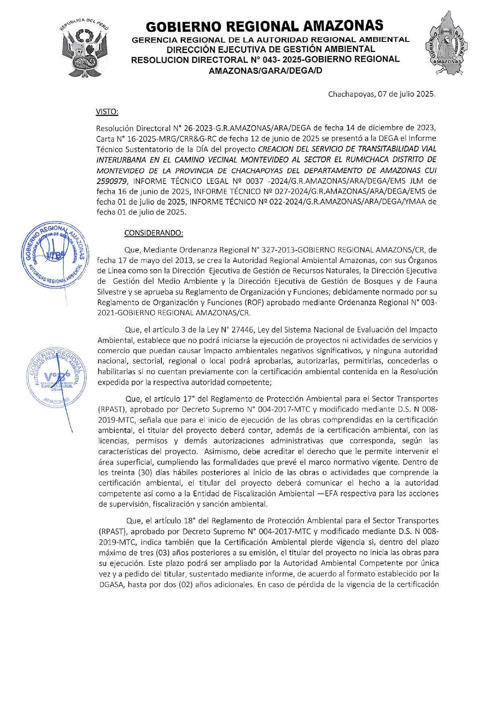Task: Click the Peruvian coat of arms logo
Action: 84,47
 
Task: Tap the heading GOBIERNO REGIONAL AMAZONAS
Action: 264,27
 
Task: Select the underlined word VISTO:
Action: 107,111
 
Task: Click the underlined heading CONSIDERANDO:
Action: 153,233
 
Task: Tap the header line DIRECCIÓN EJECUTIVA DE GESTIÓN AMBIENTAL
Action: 271,49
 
